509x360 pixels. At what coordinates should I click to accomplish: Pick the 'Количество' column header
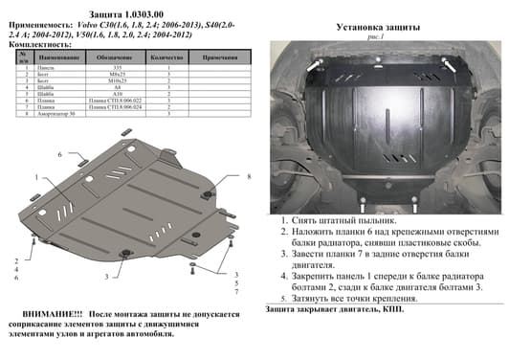click(x=167, y=58)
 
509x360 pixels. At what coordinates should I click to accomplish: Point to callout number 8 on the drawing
click(x=247, y=178)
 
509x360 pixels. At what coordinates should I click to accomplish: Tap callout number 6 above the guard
click(x=59, y=154)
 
